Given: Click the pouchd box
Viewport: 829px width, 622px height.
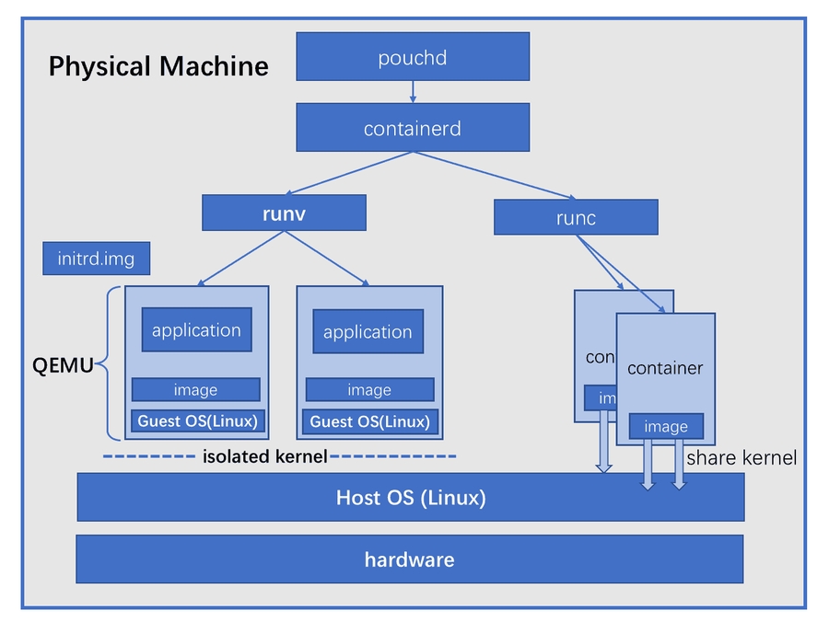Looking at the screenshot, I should click(x=413, y=57).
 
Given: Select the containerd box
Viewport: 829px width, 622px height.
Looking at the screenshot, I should click(x=413, y=127).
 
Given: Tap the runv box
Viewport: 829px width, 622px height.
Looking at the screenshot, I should click(x=285, y=213).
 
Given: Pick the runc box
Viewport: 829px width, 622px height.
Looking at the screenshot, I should click(x=576, y=217).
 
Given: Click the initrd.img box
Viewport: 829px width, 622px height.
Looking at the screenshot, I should click(x=96, y=259).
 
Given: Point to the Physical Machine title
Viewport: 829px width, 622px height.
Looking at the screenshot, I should click(x=158, y=66).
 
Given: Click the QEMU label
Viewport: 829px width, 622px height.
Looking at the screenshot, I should click(x=64, y=366).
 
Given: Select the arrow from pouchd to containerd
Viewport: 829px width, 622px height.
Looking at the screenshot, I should click(x=413, y=92).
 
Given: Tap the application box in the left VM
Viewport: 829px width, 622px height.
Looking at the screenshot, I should click(x=196, y=329).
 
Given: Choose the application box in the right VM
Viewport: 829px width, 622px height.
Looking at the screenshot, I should click(x=368, y=331).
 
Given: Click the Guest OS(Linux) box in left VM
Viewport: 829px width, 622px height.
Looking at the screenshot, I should click(x=198, y=421).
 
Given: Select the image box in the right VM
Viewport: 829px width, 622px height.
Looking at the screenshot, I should click(x=369, y=390).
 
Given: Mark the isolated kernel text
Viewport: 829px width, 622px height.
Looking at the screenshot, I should click(x=264, y=456).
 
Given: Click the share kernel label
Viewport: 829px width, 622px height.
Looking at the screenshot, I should click(x=741, y=457).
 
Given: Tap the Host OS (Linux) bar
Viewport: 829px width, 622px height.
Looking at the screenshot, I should click(x=411, y=498).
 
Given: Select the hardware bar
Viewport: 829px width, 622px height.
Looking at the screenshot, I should click(x=409, y=559).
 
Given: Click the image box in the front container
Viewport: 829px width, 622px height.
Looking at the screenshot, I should click(x=666, y=427).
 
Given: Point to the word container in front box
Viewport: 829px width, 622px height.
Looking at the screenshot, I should click(x=665, y=368).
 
